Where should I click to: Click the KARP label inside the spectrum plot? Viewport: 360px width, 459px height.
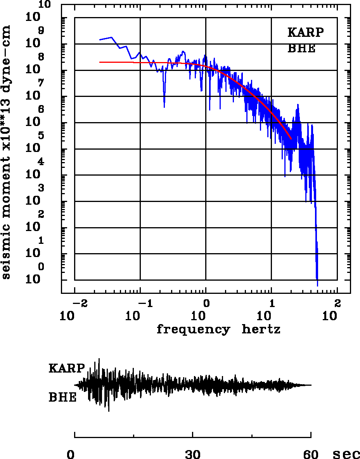(x=305, y=32)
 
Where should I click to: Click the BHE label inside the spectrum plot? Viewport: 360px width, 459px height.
(x=301, y=49)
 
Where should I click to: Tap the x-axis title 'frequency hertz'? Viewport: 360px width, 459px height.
(x=218, y=330)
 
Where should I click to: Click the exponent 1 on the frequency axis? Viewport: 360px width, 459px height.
(x=272, y=303)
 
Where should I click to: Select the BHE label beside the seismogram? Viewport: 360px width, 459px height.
(x=62, y=398)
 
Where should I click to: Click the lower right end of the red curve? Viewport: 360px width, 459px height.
(x=291, y=138)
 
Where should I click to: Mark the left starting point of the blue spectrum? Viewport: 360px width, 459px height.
(x=100, y=40)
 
